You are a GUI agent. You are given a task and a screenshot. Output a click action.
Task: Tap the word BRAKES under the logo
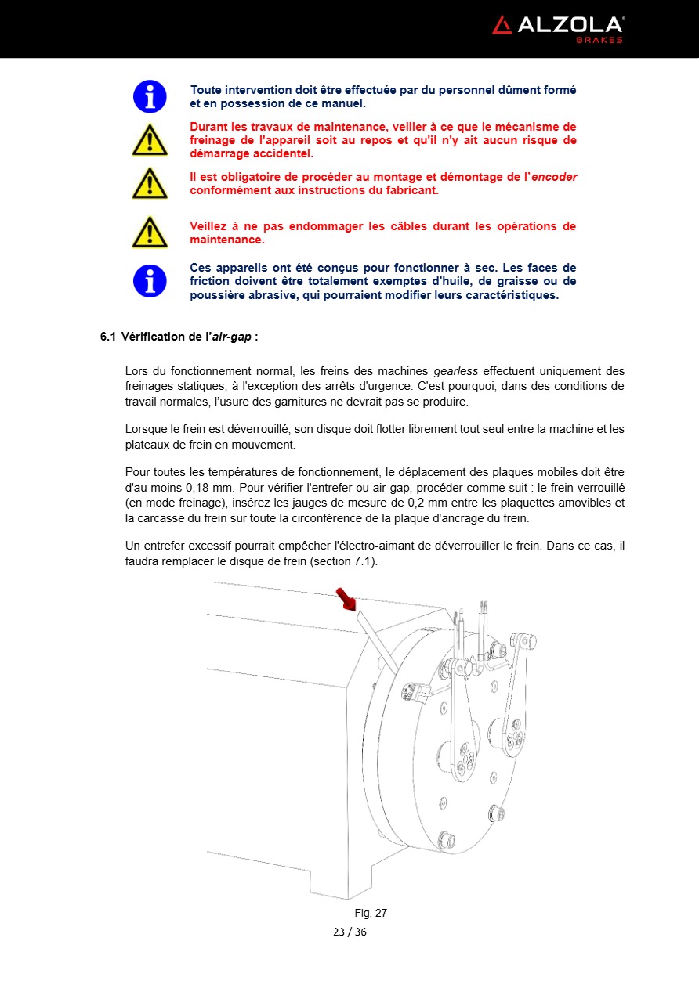pos(599,40)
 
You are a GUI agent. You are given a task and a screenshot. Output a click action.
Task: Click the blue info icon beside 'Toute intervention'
pos(150,96)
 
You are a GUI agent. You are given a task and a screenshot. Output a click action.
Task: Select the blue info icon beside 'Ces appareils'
pos(150,281)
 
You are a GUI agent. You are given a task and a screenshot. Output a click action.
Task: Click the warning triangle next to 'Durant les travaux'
pos(150,140)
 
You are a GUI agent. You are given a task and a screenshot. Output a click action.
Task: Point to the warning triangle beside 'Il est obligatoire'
pos(150,183)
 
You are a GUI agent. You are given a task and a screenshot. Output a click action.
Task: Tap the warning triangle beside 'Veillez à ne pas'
pos(150,233)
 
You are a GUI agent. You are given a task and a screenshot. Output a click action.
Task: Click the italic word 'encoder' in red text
pos(554,177)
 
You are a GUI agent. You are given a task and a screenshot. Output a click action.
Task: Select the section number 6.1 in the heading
pos(107,337)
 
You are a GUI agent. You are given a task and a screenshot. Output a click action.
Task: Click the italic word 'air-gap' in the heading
pos(232,337)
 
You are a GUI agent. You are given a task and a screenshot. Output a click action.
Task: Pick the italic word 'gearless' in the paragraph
pos(456,371)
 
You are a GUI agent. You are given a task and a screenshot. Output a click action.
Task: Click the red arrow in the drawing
pos(346,600)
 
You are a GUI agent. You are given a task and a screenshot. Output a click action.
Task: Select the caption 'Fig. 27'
pos(371,913)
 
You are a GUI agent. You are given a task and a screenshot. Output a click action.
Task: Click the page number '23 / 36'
pos(349,932)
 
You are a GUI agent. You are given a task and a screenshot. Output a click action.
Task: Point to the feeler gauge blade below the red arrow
pos(376,642)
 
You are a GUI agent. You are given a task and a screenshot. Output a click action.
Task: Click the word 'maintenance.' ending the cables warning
pos(227,240)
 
